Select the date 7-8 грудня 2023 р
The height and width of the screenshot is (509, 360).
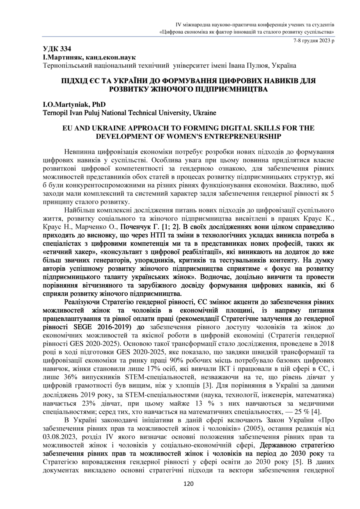click(x=313, y=40)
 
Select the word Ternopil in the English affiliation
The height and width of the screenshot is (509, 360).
click(x=55, y=112)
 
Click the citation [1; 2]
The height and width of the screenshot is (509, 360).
click(x=169, y=226)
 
